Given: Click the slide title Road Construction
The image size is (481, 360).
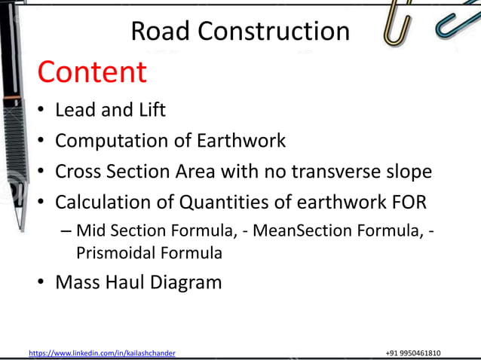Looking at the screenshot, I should click(x=240, y=31).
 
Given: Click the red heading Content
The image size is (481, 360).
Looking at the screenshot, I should click(x=91, y=72).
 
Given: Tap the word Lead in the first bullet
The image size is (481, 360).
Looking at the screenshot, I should click(x=75, y=110).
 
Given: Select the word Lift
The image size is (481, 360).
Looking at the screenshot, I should click(x=151, y=110).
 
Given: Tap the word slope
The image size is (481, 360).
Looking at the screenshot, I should click(x=406, y=172).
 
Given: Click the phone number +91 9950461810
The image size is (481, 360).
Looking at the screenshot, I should click(x=413, y=352).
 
